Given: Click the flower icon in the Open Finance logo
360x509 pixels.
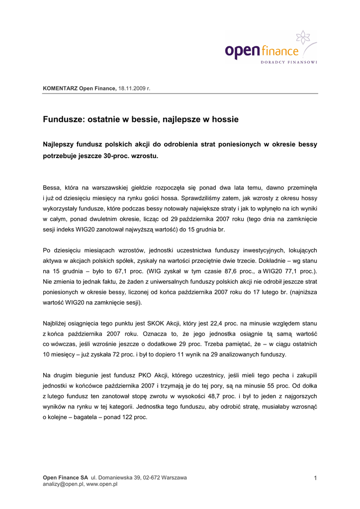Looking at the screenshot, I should tap(303, 38).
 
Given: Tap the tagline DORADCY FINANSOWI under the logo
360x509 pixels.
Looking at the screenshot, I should tap(289, 62).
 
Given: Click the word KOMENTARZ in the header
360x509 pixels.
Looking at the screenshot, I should tap(60, 88).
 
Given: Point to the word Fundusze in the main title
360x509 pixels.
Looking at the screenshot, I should tap(63, 119).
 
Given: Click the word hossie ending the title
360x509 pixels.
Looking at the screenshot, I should tap(225, 119).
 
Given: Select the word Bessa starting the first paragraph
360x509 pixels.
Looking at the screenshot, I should tap(52, 187).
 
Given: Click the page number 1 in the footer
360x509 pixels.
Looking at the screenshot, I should tap(315, 478).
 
